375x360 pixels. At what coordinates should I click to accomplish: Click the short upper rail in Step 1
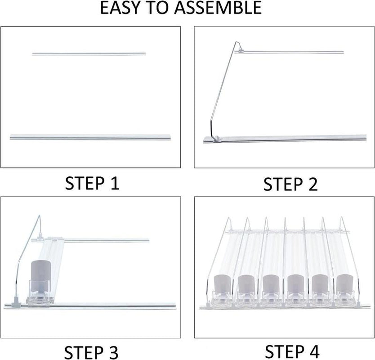(89, 54)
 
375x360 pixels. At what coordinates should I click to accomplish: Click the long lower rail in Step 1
(90, 136)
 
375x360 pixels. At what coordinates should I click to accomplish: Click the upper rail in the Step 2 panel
(292, 53)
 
